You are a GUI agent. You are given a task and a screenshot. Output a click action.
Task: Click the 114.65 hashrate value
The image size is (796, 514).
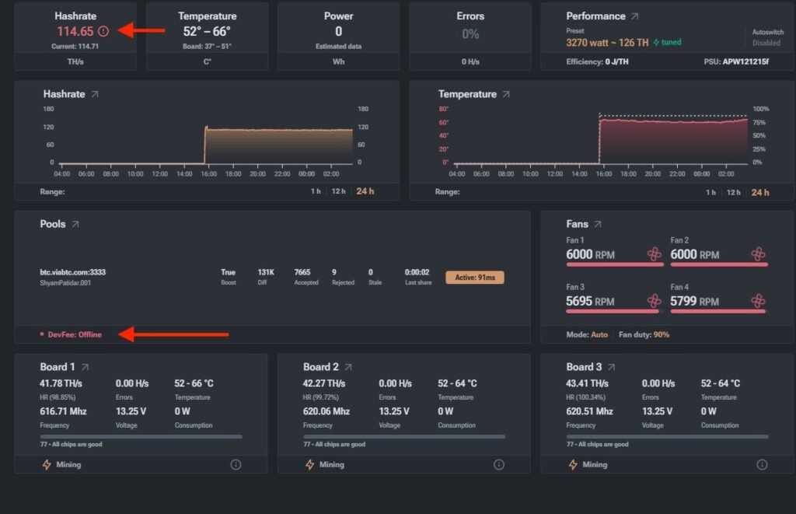(x=75, y=31)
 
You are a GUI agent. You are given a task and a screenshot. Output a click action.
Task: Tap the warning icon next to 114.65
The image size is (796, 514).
(x=103, y=31)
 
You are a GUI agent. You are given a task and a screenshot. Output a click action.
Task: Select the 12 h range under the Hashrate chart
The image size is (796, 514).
(x=338, y=191)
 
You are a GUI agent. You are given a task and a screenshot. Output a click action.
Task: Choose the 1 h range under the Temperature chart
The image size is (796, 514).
(x=710, y=193)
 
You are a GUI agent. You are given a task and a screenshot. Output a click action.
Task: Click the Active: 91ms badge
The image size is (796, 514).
(x=475, y=278)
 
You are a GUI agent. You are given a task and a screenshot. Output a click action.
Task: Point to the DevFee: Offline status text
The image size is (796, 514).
(x=75, y=334)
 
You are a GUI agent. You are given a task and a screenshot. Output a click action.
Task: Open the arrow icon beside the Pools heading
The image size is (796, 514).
(x=75, y=224)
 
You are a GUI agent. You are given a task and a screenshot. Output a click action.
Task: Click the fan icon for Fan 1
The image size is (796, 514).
(x=655, y=254)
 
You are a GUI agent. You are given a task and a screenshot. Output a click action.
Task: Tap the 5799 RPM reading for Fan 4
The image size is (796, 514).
(x=694, y=301)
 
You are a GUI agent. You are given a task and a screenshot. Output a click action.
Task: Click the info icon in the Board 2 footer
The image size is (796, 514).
(x=499, y=465)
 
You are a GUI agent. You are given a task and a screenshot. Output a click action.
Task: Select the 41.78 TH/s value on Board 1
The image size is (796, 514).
(x=61, y=383)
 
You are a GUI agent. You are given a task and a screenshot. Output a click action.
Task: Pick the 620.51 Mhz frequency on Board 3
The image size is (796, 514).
(x=589, y=411)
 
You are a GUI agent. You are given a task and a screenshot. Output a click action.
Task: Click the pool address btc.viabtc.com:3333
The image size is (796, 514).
(x=72, y=272)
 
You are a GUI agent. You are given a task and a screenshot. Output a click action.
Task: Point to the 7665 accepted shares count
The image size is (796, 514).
(x=302, y=272)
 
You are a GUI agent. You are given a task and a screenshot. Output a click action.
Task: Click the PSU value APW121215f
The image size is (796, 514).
(x=745, y=61)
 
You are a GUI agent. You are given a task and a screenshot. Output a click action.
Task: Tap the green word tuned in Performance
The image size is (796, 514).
(x=671, y=42)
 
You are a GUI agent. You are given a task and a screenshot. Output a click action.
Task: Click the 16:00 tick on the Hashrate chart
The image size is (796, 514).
(x=208, y=173)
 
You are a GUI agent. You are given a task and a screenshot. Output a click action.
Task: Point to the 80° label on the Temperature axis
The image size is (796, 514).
(x=444, y=109)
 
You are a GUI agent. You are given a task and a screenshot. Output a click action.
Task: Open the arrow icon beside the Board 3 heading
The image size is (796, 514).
(x=611, y=367)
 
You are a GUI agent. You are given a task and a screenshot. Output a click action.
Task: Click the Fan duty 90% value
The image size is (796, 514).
(x=661, y=334)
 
